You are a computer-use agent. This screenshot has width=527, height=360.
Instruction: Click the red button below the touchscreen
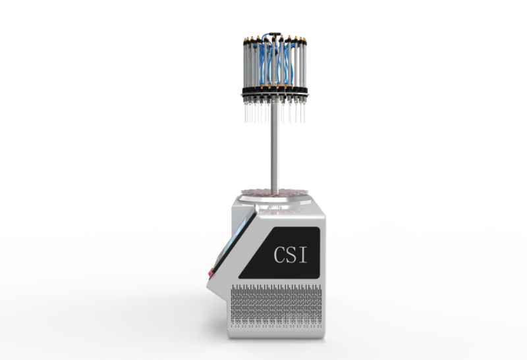tap(210, 272)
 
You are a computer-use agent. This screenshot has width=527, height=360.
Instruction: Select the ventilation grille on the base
tap(275, 305)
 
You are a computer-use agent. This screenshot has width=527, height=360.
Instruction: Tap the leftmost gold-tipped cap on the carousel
tap(245, 40)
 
